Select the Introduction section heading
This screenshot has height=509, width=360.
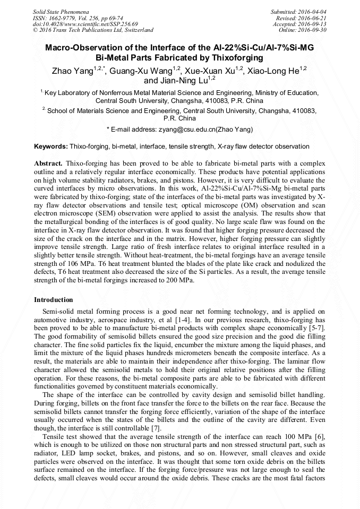[x=54, y=300]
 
